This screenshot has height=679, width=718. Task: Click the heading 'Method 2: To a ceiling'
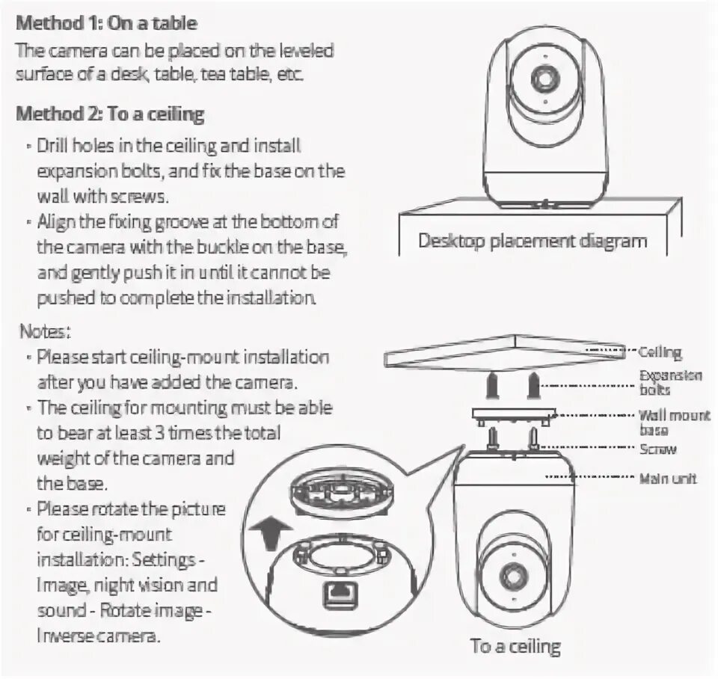(x=110, y=114)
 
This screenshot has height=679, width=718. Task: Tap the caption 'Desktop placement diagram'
(x=532, y=242)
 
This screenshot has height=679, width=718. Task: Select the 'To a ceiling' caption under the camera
(x=515, y=645)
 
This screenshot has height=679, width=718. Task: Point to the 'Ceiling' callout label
(x=660, y=351)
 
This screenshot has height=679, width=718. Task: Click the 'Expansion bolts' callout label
(x=670, y=382)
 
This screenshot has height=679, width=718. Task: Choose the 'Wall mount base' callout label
(x=673, y=423)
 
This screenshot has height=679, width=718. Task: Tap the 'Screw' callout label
(x=658, y=449)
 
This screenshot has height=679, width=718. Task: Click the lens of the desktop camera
(x=543, y=81)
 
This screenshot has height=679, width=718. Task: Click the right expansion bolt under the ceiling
(x=533, y=387)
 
